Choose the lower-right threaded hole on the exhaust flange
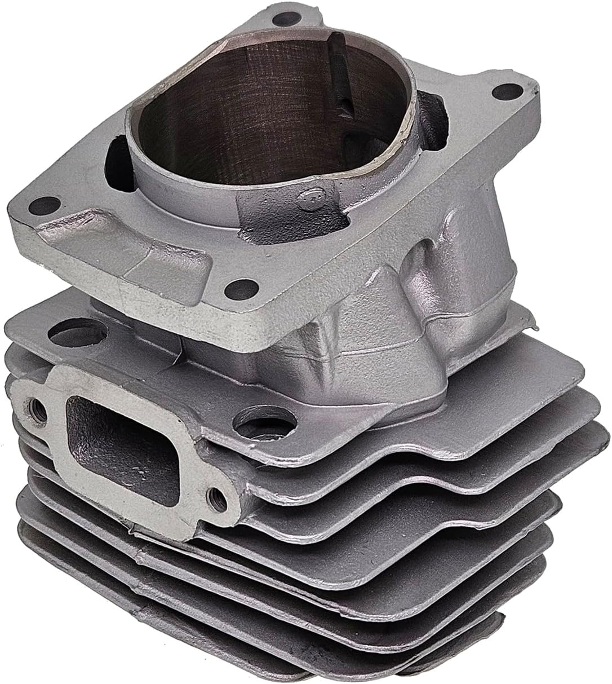coord(214,496)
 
